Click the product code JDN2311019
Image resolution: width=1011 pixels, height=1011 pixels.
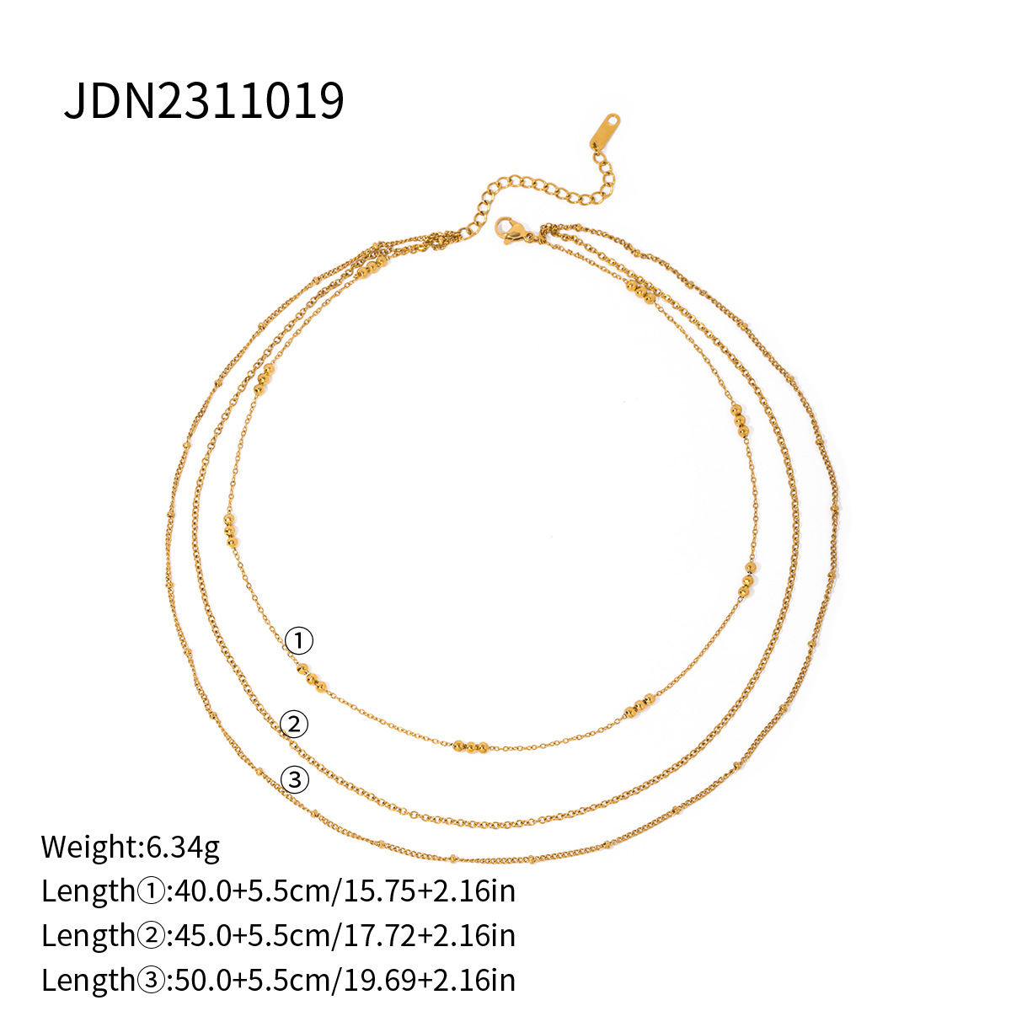pos(204,101)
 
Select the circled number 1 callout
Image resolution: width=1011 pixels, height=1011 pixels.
pos(298,641)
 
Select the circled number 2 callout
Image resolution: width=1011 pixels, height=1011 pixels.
pos(294,724)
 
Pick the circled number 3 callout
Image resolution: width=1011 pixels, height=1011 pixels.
pos(294,780)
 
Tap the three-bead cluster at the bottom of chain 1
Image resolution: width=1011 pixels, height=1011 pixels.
pos(470,746)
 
